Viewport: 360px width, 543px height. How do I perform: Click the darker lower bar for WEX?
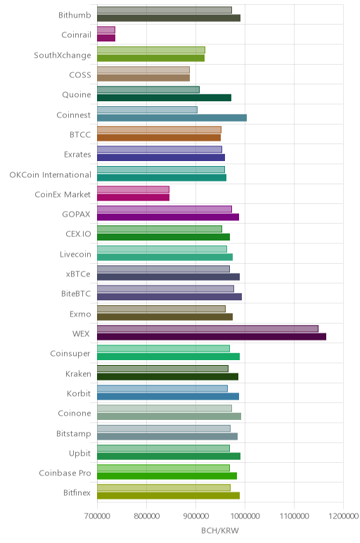pos(212,337)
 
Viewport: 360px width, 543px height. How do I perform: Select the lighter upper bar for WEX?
pos(207,328)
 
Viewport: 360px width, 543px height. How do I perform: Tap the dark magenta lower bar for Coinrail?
pos(106,38)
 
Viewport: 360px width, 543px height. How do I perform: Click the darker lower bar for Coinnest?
pos(172,117)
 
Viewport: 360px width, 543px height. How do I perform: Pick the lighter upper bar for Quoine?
pos(148,90)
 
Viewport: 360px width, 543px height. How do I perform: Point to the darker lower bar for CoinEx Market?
pos(134,198)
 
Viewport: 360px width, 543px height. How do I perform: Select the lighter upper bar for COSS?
pos(143,70)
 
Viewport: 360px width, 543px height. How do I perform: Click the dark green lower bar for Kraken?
pos(167,376)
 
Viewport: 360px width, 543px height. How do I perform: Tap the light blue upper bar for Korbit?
pos(162,388)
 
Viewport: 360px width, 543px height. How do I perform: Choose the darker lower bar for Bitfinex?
pos(168,496)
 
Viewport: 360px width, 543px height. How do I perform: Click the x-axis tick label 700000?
pos(97,516)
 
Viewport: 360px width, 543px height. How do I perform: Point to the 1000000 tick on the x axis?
pos(245,516)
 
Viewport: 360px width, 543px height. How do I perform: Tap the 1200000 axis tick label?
pos(344,516)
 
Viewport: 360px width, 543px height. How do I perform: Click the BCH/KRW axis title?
pos(220,530)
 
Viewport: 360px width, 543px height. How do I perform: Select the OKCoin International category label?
pos(51,174)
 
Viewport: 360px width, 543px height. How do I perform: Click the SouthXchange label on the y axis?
pos(63,55)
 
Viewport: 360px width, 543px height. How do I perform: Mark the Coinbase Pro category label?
pos(65,473)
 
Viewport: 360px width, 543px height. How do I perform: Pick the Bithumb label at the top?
pos(75,15)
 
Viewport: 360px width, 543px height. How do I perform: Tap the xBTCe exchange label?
pos(78,274)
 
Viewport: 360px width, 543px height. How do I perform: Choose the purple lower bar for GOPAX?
pos(168,217)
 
